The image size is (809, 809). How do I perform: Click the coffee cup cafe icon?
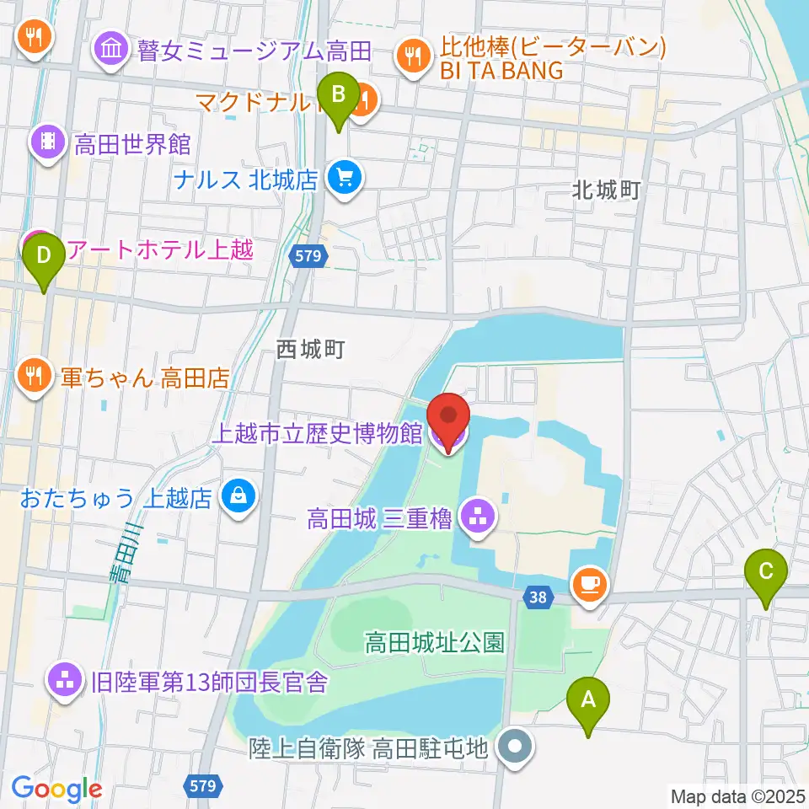[x=588, y=583]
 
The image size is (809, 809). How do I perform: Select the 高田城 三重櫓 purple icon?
[x=480, y=515]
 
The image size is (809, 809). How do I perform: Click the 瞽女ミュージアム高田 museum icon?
[x=110, y=51]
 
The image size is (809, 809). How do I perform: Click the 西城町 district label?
[x=312, y=349]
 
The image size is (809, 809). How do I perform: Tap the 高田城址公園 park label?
[x=435, y=645]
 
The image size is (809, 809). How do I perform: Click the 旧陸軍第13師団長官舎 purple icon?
[x=65, y=680]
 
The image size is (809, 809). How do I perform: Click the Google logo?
[x=56, y=789]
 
